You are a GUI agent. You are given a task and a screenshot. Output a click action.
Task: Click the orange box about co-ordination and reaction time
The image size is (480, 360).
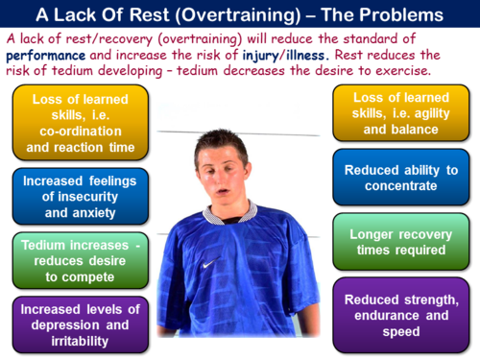click(82, 122)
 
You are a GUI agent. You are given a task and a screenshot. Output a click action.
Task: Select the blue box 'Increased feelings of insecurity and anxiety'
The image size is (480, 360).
click(82, 195)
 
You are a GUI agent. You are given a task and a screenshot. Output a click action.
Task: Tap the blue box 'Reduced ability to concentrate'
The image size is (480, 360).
click(398, 179)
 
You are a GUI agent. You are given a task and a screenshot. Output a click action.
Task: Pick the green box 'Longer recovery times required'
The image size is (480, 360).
click(398, 241)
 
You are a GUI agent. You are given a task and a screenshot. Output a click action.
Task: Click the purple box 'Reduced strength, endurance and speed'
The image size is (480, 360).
click(398, 316)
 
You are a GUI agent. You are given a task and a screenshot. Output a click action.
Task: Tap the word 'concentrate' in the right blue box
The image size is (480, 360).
click(398, 187)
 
